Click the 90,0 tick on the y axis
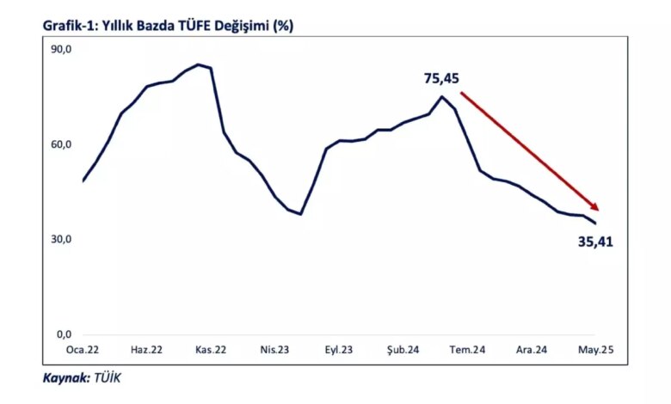coord(61,50)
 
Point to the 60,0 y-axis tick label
coord(61,145)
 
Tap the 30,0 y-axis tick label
coord(61,240)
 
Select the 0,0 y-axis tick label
coord(65,334)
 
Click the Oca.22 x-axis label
coord(83,350)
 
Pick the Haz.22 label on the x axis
coord(146,350)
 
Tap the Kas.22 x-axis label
coord(211,350)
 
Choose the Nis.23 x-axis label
coord(274,350)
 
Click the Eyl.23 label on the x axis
coord(338,350)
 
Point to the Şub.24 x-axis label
coord(403,350)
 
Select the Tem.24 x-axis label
coord(467,350)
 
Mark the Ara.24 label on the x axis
coord(532,350)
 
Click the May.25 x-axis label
coord(595,350)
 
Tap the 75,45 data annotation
coord(441,79)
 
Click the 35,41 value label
coord(595,242)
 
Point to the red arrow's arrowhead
coord(594,206)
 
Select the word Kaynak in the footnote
coord(66,378)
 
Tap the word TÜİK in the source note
coord(108,377)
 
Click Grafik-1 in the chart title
coord(71,26)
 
